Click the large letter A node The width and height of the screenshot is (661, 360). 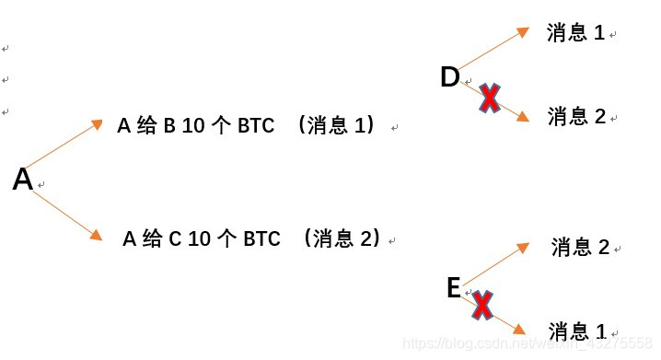[23, 180]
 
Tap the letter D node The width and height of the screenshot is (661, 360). [449, 77]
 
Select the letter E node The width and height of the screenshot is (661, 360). [453, 288]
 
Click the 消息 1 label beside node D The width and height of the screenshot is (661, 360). [575, 33]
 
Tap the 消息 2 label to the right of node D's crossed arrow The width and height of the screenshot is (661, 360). [576, 116]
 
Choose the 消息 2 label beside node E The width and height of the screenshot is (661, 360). [580, 247]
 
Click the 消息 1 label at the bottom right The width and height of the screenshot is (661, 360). [577, 331]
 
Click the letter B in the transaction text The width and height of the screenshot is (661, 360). [168, 126]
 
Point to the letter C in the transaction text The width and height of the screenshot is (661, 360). [175, 239]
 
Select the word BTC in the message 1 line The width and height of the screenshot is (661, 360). [255, 126]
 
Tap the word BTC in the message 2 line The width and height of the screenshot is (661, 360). [261, 239]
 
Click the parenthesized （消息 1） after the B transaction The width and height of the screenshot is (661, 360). [338, 126]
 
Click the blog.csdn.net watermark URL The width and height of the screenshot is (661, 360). [529, 343]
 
